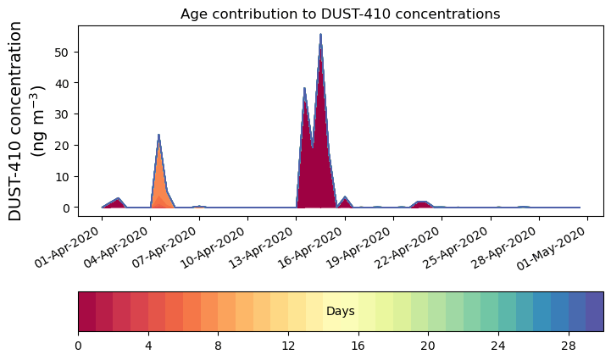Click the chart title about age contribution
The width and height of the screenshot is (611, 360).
point(340,14)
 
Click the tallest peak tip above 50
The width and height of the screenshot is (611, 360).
point(320,34)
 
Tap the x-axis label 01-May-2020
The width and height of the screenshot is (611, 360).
point(552,248)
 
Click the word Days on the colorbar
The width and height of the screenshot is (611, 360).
point(341,312)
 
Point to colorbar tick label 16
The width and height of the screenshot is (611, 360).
point(358,346)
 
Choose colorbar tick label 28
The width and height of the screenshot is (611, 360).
point(569,346)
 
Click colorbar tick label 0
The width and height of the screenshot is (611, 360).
point(78,346)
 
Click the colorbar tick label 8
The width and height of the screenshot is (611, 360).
point(219,346)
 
